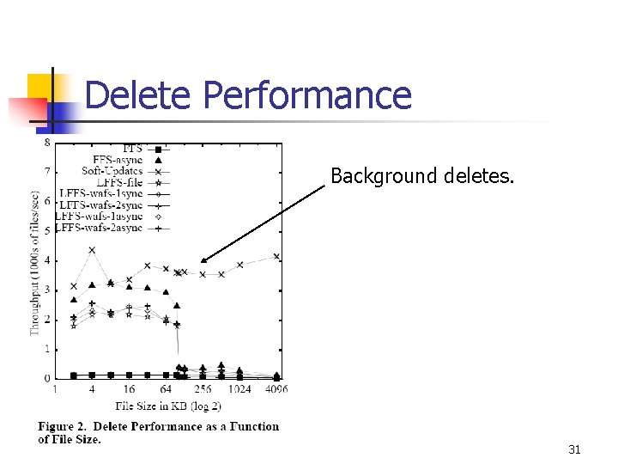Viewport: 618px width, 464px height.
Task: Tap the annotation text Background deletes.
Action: tap(422, 177)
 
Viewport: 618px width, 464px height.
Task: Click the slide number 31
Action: tap(574, 449)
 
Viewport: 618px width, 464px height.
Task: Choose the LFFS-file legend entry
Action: tap(120, 183)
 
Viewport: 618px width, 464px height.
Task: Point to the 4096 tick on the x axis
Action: tap(276, 389)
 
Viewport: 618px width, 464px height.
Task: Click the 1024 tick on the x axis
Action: tap(240, 389)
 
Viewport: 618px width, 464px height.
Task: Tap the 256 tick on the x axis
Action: tap(203, 389)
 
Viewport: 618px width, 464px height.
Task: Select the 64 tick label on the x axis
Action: tap(166, 389)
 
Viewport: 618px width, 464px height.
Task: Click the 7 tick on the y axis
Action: tap(47, 172)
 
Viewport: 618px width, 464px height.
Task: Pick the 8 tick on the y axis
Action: tap(47, 143)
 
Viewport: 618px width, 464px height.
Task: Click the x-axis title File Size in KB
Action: tap(168, 406)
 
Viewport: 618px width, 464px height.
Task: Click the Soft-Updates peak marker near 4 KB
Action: tap(92, 250)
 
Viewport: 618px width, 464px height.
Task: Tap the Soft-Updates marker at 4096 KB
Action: tap(276, 256)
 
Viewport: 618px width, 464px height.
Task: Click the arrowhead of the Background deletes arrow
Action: tap(203, 260)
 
